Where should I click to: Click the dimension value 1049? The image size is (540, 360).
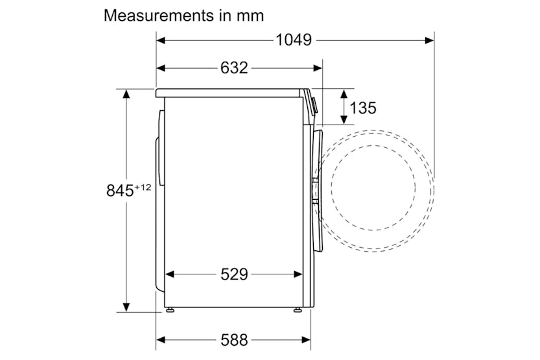point(294,40)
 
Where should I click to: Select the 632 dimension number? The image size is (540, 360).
point(234,68)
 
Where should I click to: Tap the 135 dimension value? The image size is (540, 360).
point(363,108)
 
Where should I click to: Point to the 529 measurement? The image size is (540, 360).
point(234,274)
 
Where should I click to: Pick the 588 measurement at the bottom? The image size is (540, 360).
point(234,340)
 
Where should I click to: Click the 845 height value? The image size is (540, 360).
point(120,191)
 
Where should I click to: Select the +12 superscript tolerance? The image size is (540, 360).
point(143,187)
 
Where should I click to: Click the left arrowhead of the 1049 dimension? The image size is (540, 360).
point(161,40)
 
